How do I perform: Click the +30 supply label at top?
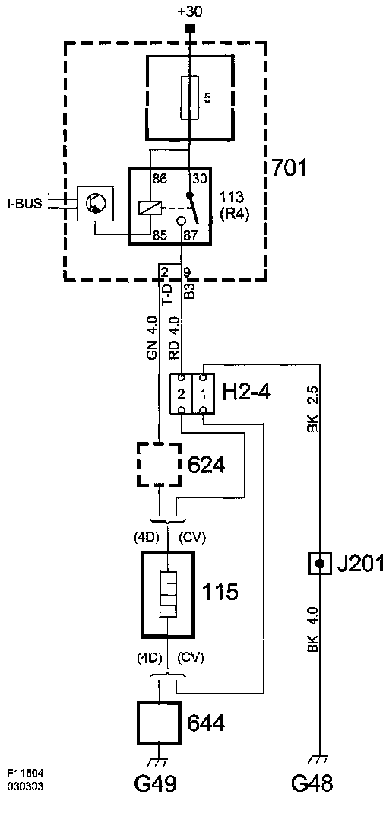click(190, 11)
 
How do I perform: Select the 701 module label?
click(289, 168)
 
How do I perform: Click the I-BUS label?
click(24, 204)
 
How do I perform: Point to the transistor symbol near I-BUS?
click(96, 203)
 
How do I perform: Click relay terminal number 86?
click(160, 180)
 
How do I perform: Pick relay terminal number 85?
click(160, 237)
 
